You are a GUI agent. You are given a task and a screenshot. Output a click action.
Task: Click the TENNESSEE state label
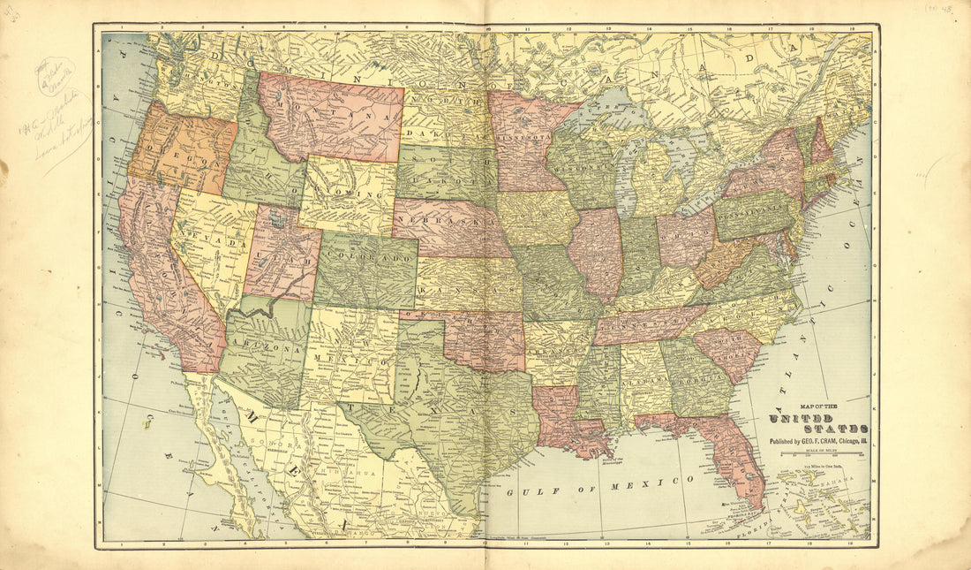click(649, 325)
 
